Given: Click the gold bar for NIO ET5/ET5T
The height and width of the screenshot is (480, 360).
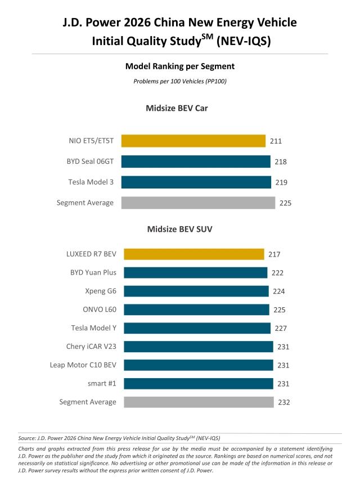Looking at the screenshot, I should (193, 141).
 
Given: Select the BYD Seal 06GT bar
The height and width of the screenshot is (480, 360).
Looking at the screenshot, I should (196, 162).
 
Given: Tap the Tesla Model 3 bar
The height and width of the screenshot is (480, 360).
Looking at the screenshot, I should (196, 182).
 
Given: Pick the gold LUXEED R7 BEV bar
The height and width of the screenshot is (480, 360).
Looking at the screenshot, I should (193, 254).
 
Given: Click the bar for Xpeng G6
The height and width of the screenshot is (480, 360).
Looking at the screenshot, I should (196, 291).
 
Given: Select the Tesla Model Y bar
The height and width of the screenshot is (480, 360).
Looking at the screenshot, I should (197, 328).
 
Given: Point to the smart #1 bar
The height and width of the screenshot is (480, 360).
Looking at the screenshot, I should (198, 383).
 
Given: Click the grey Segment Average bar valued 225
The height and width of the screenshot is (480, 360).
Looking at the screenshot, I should (198, 203).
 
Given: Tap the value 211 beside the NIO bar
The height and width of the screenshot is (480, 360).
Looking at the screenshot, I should (276, 141).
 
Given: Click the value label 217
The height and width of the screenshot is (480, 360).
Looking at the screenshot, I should (274, 254).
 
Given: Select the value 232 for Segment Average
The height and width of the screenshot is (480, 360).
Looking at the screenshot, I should (284, 402).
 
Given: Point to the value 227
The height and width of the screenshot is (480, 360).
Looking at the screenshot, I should (280, 328).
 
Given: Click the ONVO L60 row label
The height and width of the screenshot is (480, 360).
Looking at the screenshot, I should (100, 309).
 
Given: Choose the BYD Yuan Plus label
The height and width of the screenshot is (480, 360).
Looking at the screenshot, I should (93, 272).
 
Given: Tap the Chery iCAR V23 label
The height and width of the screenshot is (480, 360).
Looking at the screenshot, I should (91, 347).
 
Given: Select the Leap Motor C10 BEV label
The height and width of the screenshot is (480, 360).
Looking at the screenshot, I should (83, 365).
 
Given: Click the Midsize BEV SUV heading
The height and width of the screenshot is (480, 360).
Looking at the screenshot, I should (179, 229).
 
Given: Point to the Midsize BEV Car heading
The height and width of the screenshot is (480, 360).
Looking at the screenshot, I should (177, 108).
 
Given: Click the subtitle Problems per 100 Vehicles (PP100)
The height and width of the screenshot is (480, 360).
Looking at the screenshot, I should (179, 81).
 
